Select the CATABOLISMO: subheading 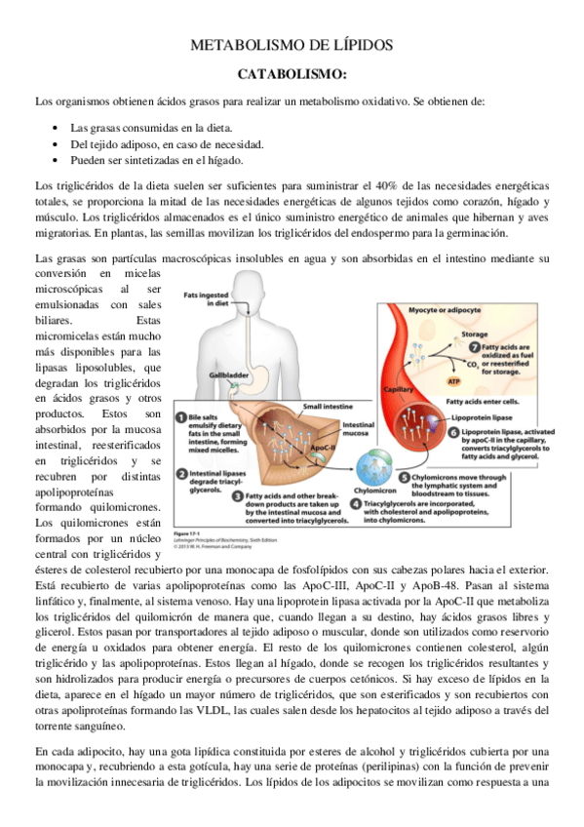292,74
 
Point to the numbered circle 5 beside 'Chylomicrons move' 405,479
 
